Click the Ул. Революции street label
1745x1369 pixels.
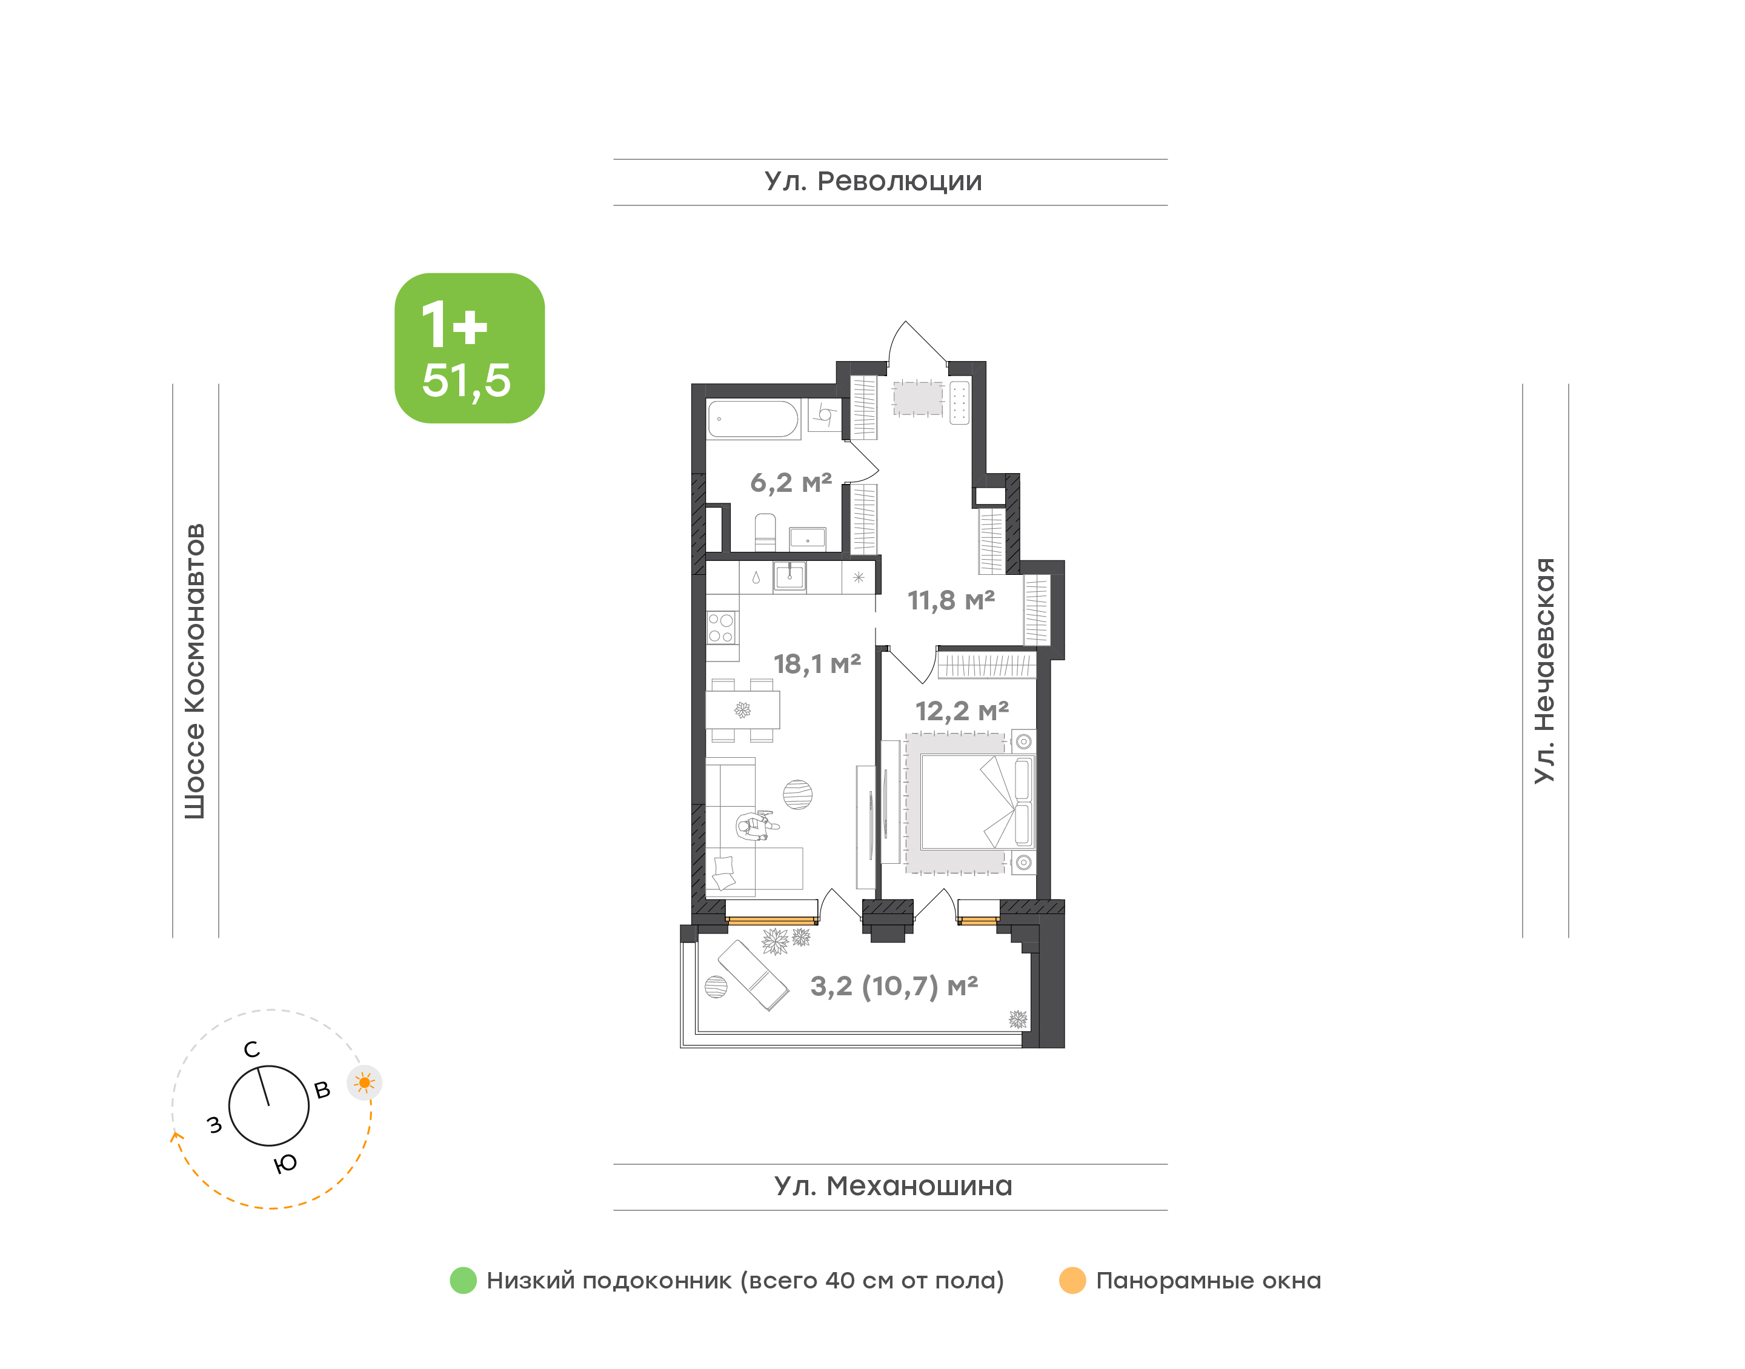pyautogui.click(x=873, y=182)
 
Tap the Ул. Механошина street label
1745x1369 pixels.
pyautogui.click(x=893, y=1185)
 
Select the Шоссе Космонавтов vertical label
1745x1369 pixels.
pyautogui.click(x=194, y=672)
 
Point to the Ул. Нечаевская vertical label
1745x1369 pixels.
pyautogui.click(x=1544, y=670)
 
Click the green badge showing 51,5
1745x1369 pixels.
pyautogui.click(x=470, y=348)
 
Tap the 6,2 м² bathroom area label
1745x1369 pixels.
pyautogui.click(x=791, y=483)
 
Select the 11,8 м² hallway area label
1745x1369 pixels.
pyautogui.click(x=951, y=600)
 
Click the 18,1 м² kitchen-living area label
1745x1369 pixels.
pyautogui.click(x=817, y=664)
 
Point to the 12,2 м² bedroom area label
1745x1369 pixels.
pyautogui.click(x=962, y=711)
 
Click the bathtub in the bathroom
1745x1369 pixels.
pyautogui.click(x=754, y=419)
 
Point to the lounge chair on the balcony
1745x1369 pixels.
pyautogui.click(x=753, y=975)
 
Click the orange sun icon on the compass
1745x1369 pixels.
pyautogui.click(x=365, y=1083)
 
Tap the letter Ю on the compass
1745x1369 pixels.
pyautogui.click(x=285, y=1164)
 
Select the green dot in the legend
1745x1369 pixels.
pyautogui.click(x=464, y=1280)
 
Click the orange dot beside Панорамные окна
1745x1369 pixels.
pyautogui.click(x=1072, y=1280)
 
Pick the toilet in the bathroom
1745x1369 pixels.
pyautogui.click(x=765, y=532)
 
